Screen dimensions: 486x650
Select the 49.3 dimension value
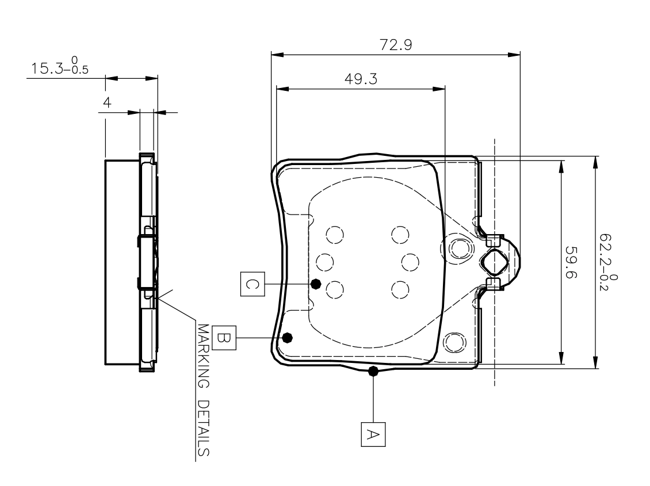361,79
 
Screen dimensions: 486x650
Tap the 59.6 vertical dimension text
571,263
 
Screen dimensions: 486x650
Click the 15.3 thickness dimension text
51,68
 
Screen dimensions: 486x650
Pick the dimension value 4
107,102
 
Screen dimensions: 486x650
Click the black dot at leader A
373,372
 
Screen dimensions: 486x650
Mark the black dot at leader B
288,336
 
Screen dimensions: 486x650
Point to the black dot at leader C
315,284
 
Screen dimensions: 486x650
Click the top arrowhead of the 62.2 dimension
595,161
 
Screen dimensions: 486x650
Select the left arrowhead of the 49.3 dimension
281,89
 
